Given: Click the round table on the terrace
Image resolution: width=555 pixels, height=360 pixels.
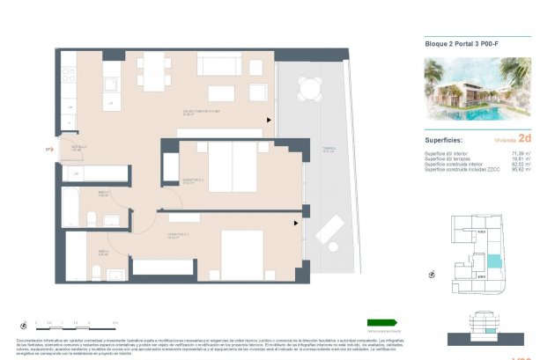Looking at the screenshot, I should [x=310, y=87].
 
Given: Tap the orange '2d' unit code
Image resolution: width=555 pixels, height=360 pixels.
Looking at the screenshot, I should [x=524, y=138].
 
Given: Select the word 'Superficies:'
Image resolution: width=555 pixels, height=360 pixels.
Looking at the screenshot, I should [x=445, y=139].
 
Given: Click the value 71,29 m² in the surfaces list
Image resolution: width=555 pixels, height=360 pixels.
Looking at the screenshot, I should [x=519, y=153].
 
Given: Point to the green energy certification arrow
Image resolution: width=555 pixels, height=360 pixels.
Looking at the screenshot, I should [x=381, y=322].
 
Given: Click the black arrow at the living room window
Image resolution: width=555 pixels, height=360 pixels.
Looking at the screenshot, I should [x=269, y=121].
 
